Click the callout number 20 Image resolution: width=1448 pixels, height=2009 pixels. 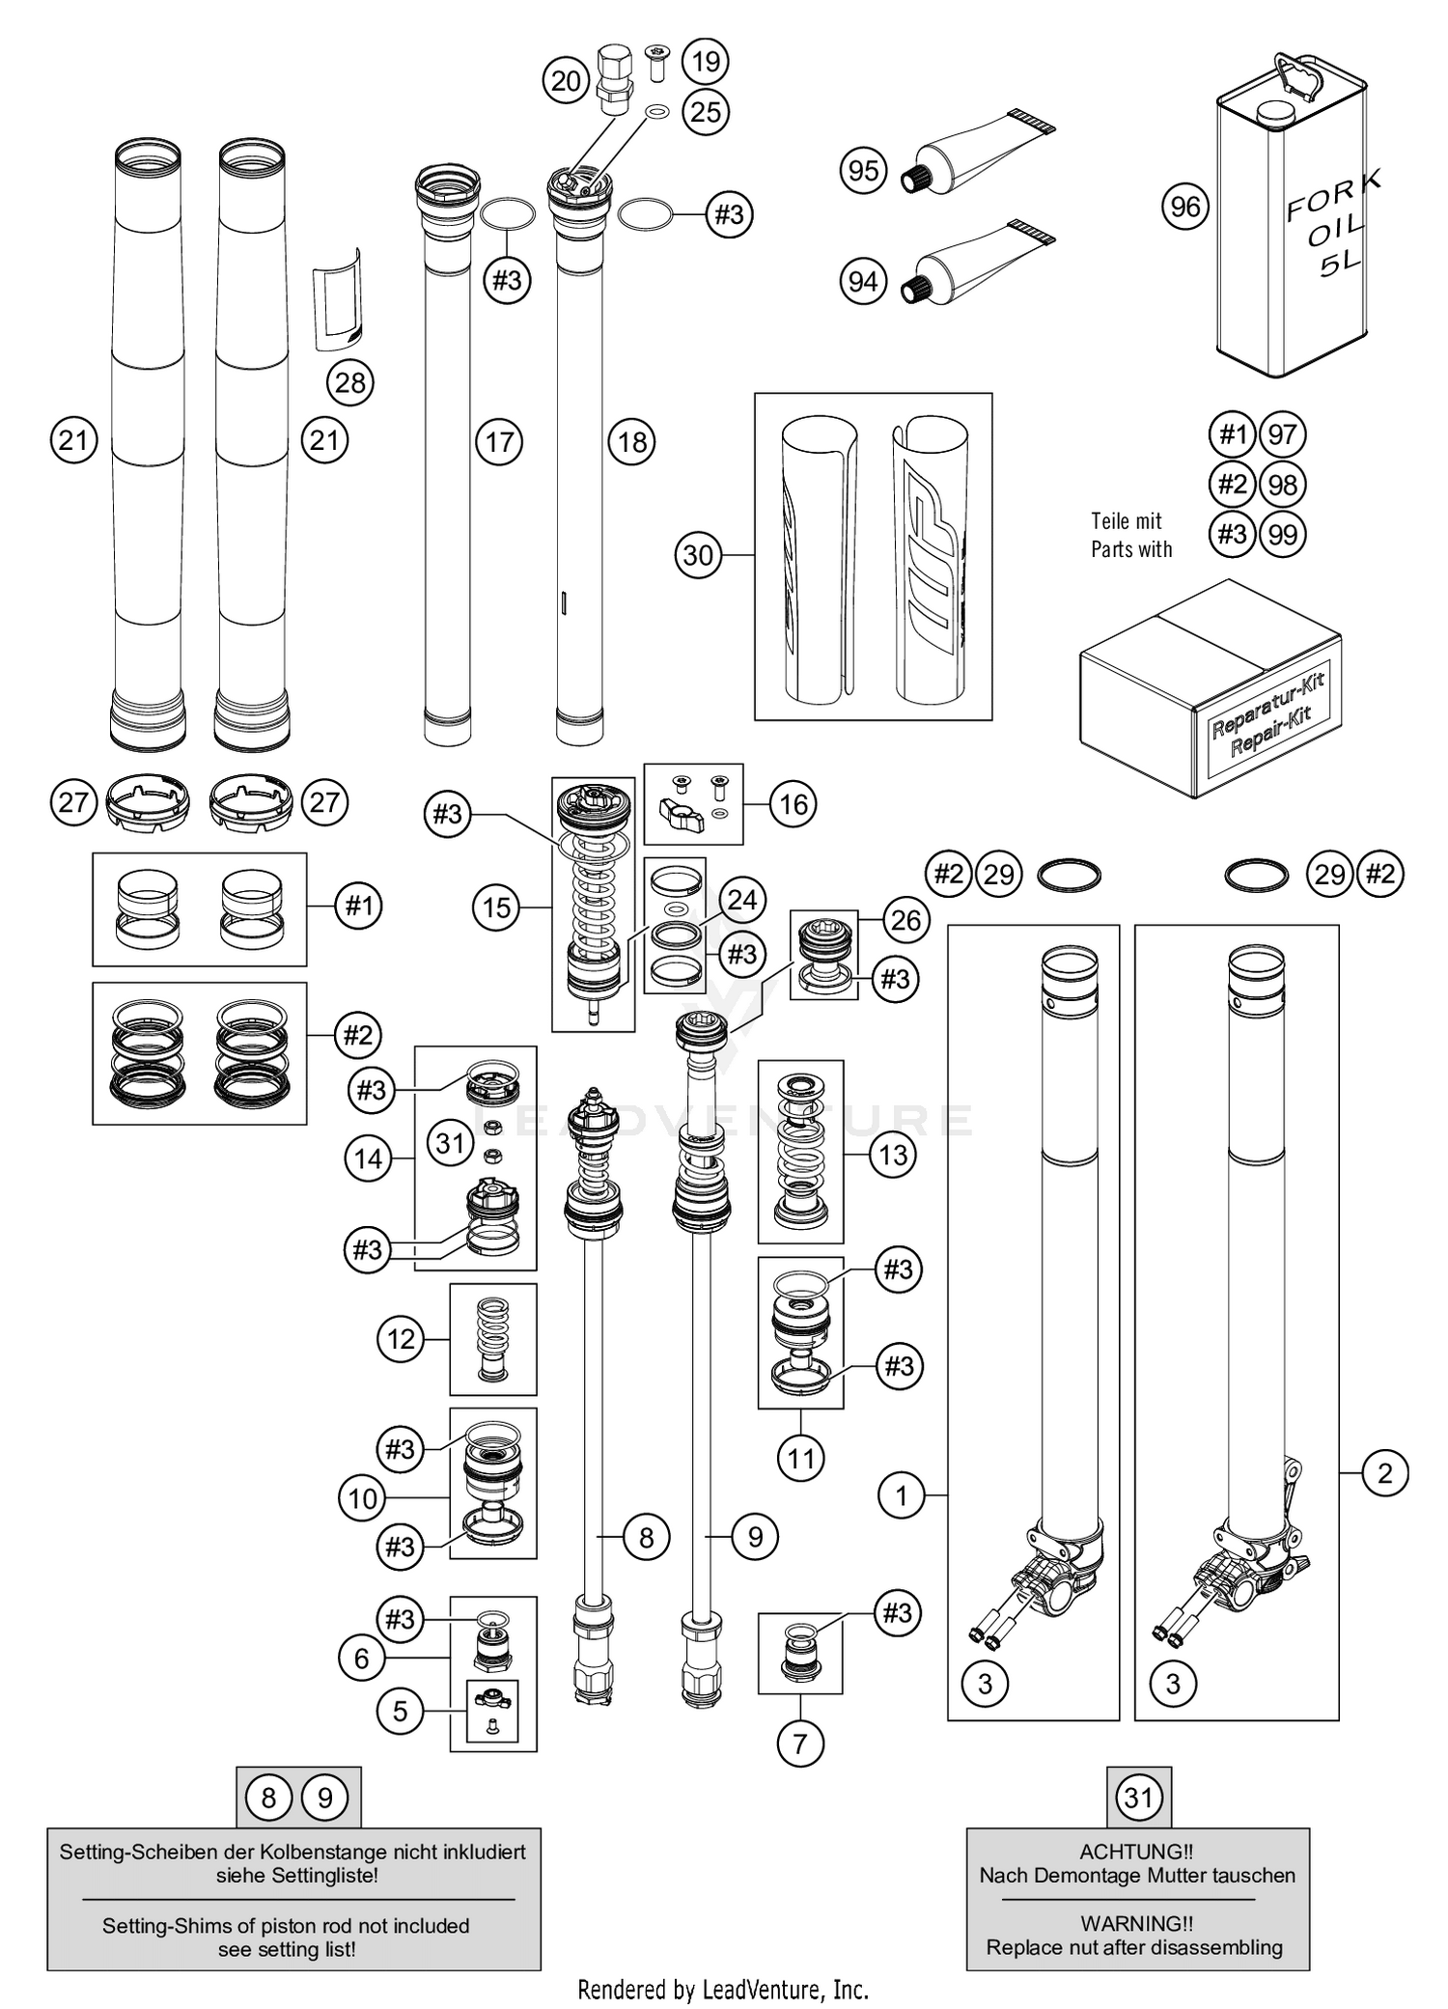click(567, 81)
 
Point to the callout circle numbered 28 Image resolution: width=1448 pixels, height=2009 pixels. click(349, 382)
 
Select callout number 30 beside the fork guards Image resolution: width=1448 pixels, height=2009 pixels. click(698, 555)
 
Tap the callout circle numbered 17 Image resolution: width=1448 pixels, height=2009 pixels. click(499, 442)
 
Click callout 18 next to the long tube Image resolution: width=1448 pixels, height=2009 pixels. click(631, 442)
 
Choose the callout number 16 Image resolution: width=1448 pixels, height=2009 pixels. click(794, 803)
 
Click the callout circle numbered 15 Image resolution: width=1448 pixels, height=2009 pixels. click(497, 907)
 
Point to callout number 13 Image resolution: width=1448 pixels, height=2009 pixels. click(893, 1154)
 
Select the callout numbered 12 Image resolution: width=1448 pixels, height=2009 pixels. click(401, 1339)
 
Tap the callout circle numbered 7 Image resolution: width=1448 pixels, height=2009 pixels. click(800, 1744)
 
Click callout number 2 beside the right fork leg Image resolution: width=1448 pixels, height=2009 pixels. click(1385, 1473)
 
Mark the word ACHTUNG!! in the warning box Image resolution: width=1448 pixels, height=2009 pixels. click(1136, 1852)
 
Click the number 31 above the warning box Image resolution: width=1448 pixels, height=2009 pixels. click(1139, 1798)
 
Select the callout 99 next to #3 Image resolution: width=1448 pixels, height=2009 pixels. click(1282, 534)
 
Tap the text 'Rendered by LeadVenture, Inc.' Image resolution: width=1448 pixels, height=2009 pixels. click(723, 1989)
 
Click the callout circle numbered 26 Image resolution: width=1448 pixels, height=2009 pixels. click(905, 920)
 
